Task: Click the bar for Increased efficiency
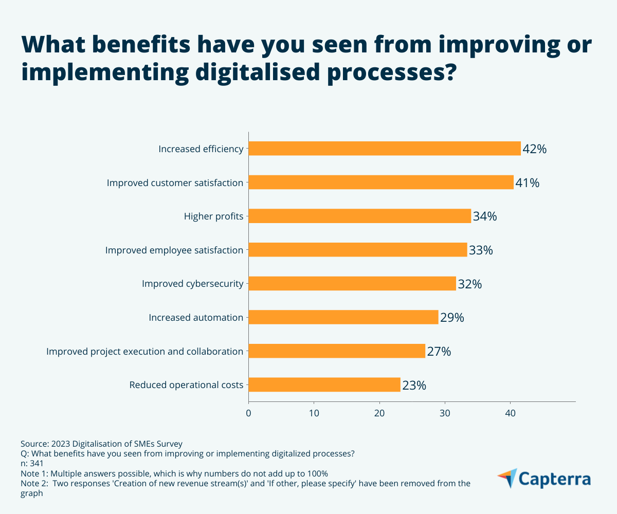point(385,149)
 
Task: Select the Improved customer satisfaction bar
point(381,182)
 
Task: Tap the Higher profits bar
point(360,216)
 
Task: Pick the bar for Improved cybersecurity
point(352,284)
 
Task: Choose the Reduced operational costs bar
point(324,384)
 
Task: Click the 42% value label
point(534,149)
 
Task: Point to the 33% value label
point(481,250)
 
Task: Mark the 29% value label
point(452,318)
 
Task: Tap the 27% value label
point(439,352)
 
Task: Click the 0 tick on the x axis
point(248,413)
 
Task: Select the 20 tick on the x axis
point(379,413)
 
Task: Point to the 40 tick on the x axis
point(510,413)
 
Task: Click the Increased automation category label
point(196,318)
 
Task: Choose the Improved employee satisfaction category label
point(174,250)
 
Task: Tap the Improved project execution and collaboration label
point(144,352)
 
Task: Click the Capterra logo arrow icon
point(507,478)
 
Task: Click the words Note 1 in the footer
point(33,473)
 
